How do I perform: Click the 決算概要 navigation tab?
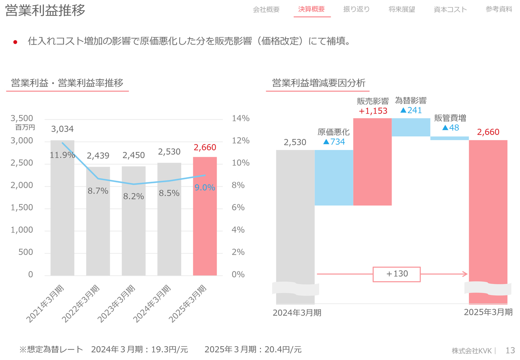pyautogui.click(x=312, y=9)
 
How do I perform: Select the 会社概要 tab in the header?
pyautogui.click(x=266, y=9)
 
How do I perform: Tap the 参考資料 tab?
pyautogui.click(x=498, y=9)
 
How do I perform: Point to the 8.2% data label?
pyautogui.click(x=134, y=196)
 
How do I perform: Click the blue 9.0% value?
pyautogui.click(x=205, y=188)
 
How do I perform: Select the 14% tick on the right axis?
pyautogui.click(x=240, y=118)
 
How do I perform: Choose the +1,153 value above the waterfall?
pyautogui.click(x=373, y=111)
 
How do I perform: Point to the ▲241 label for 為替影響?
pyautogui.click(x=411, y=110)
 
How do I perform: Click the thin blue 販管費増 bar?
pyautogui.click(x=449, y=138)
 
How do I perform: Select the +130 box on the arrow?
pyautogui.click(x=396, y=274)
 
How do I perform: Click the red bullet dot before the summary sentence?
pyautogui.click(x=15, y=42)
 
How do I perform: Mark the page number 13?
pyautogui.click(x=510, y=350)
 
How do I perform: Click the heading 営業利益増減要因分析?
pyautogui.click(x=318, y=83)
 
